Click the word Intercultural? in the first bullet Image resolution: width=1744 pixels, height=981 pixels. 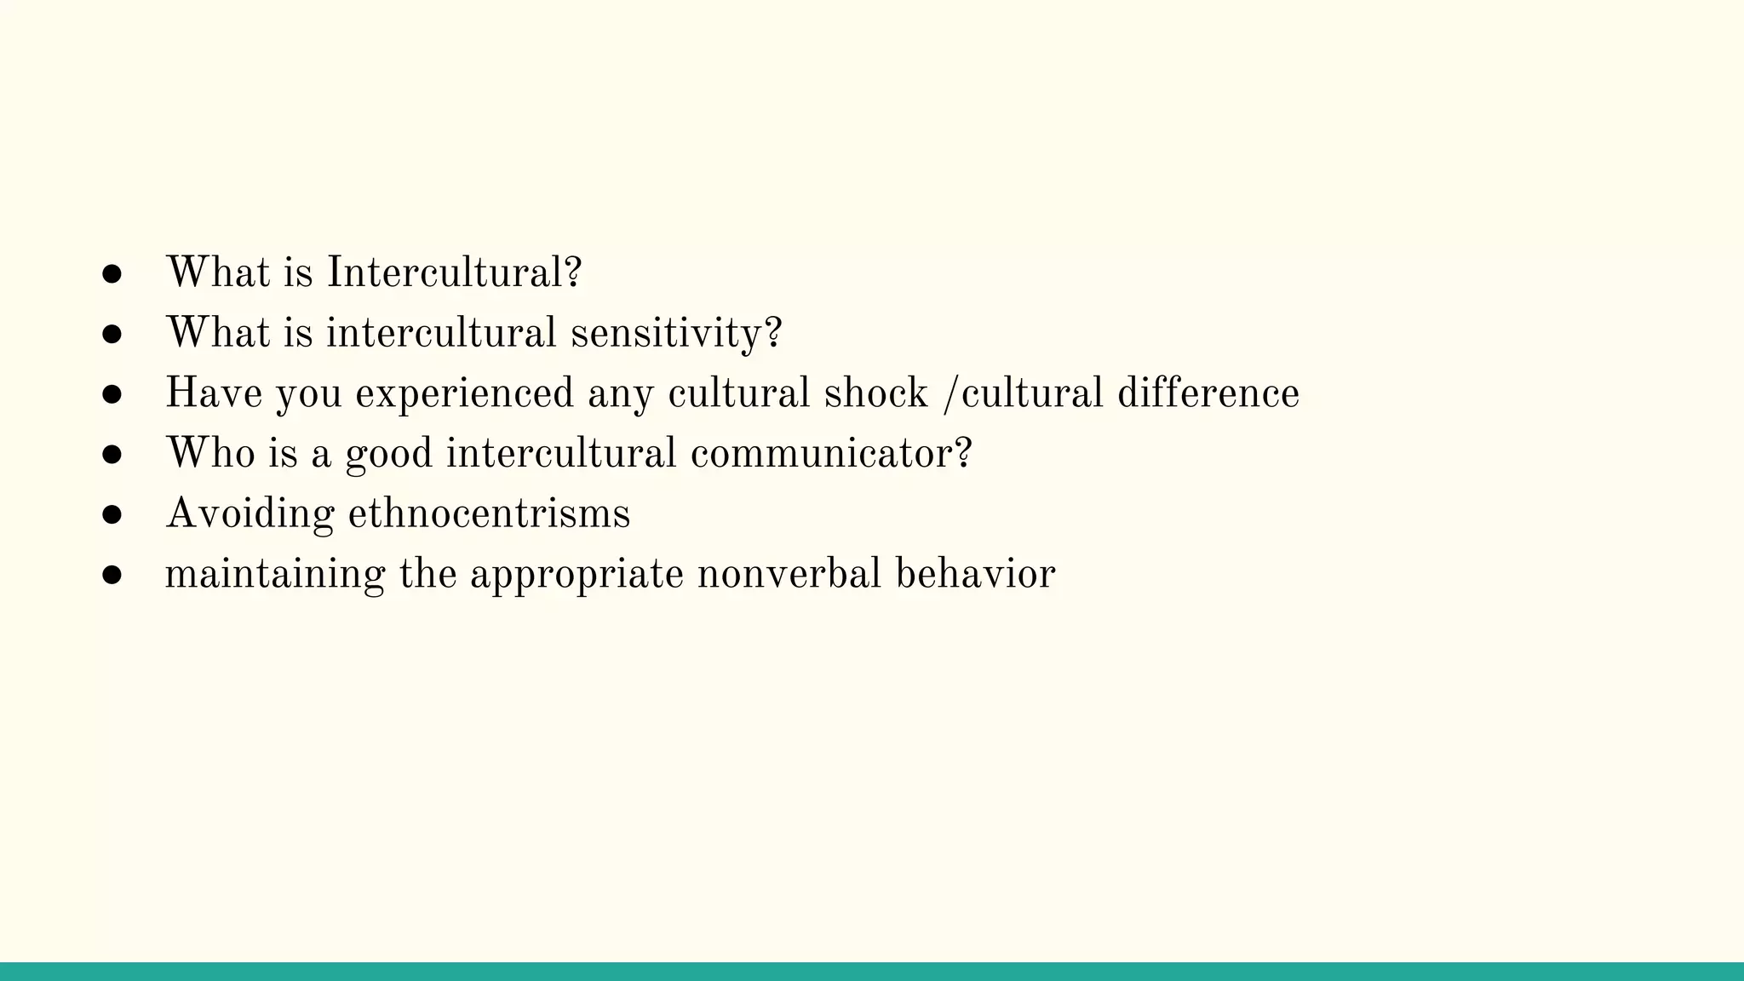pos(454,273)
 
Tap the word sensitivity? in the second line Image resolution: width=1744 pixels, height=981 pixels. pos(675,333)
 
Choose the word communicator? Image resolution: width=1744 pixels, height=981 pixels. pos(830,453)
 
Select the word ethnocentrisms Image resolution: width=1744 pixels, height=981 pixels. pos(489,513)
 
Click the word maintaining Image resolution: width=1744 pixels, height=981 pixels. pos(275,574)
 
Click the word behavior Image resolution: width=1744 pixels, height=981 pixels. pos(975,573)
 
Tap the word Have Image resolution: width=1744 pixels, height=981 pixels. pos(213,393)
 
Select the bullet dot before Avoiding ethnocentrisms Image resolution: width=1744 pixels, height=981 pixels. pos(112,515)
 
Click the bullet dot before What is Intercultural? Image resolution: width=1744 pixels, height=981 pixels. pos(112,274)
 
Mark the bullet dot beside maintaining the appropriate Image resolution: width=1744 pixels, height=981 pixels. pos(112,575)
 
